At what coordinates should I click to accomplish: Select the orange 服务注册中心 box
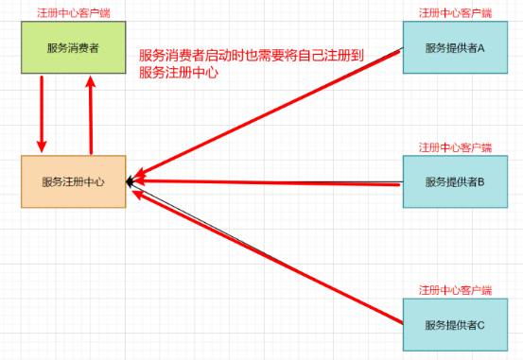(x=74, y=180)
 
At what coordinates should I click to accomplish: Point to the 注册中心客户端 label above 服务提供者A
(x=456, y=12)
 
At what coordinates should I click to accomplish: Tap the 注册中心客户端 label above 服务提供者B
(x=456, y=148)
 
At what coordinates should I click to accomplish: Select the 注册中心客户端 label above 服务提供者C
(x=456, y=290)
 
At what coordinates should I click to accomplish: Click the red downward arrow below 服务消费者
(x=42, y=113)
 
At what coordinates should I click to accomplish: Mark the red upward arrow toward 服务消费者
(x=91, y=113)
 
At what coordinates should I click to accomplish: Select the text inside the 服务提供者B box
(x=454, y=181)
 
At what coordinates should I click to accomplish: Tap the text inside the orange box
(x=73, y=180)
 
